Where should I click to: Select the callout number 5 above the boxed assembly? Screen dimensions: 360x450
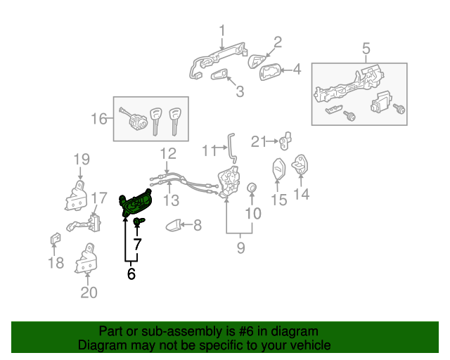[366, 49]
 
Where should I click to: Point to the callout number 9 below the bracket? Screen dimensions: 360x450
[240, 247]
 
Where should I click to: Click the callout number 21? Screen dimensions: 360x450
[259, 142]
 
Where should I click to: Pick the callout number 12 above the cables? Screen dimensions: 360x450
[167, 153]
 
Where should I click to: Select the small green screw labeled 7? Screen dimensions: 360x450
[138, 223]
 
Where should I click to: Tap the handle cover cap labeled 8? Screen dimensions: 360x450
[171, 225]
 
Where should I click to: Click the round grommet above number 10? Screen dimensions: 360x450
[252, 188]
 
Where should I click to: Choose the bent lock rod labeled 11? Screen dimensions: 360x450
[230, 148]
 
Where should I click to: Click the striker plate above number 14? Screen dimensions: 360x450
[300, 165]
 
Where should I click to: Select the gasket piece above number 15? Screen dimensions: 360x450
[278, 170]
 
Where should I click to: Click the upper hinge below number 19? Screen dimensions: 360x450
[78, 196]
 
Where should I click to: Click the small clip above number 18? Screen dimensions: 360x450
[53, 240]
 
